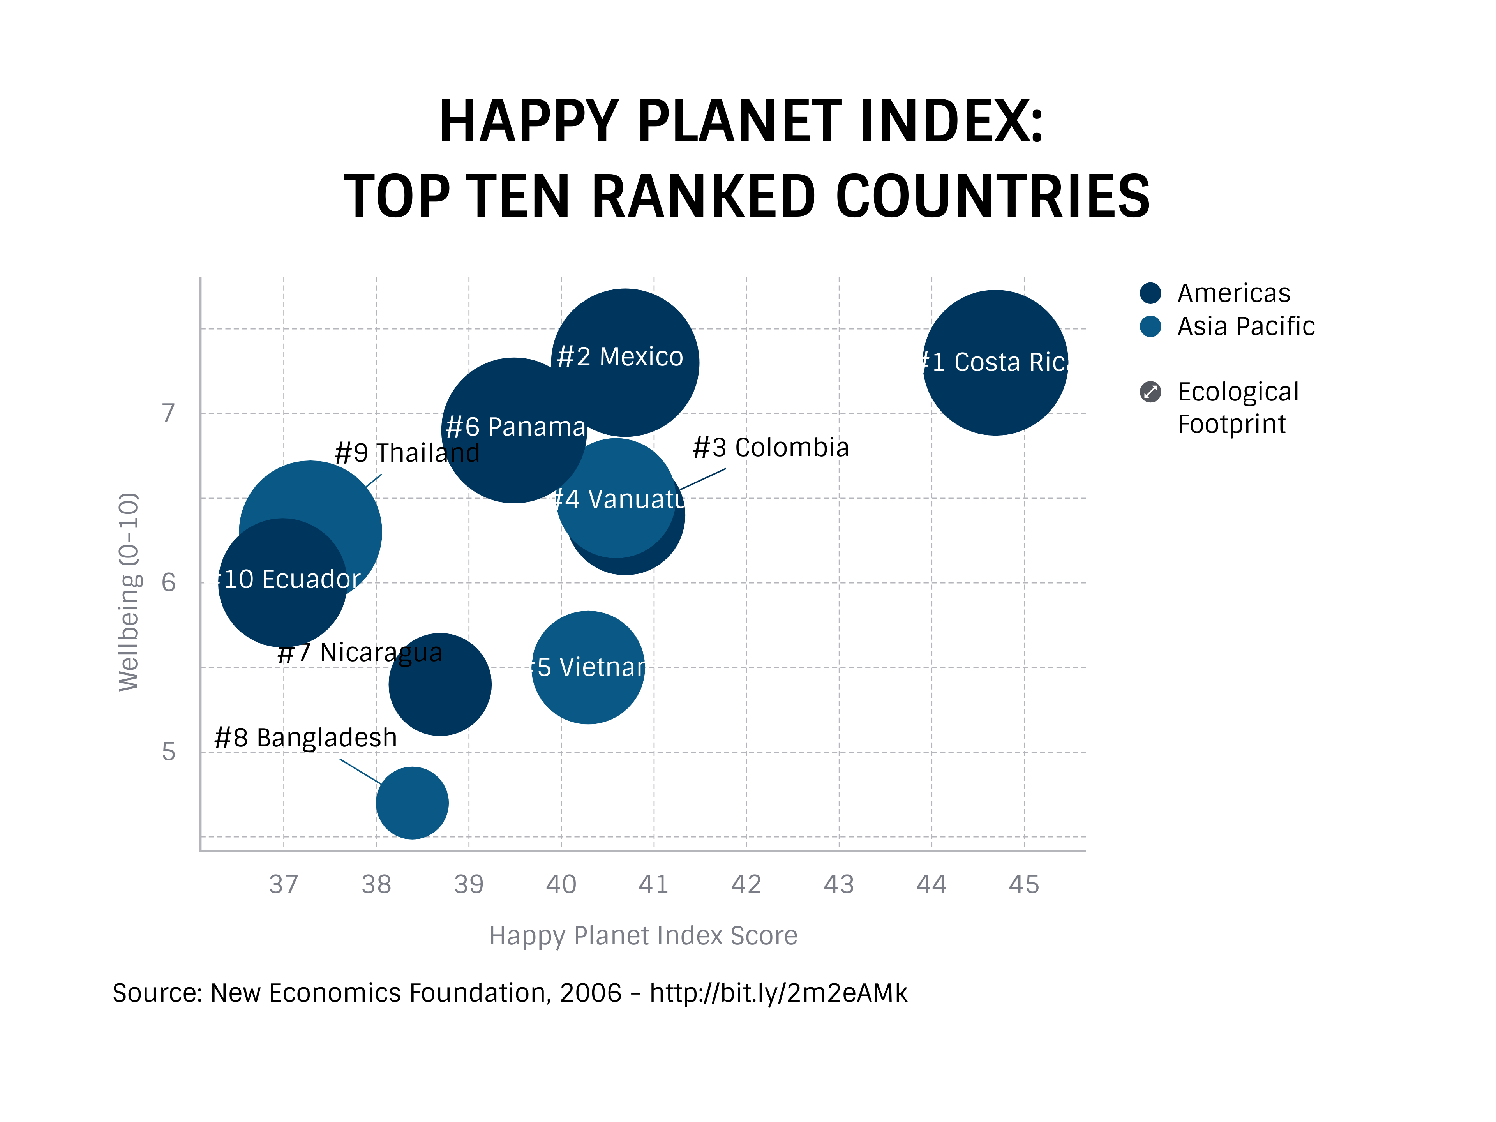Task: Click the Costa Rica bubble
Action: (995, 363)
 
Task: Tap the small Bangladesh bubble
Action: (412, 803)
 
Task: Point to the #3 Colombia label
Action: (770, 448)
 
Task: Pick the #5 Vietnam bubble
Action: (588, 667)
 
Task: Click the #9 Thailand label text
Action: (407, 452)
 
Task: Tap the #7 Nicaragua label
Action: (360, 653)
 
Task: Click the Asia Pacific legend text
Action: (1246, 326)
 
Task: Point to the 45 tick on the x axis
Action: (1023, 884)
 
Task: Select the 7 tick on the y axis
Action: (168, 413)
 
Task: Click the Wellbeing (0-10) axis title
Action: (129, 592)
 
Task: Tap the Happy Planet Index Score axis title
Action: (643, 935)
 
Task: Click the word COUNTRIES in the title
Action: (992, 197)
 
